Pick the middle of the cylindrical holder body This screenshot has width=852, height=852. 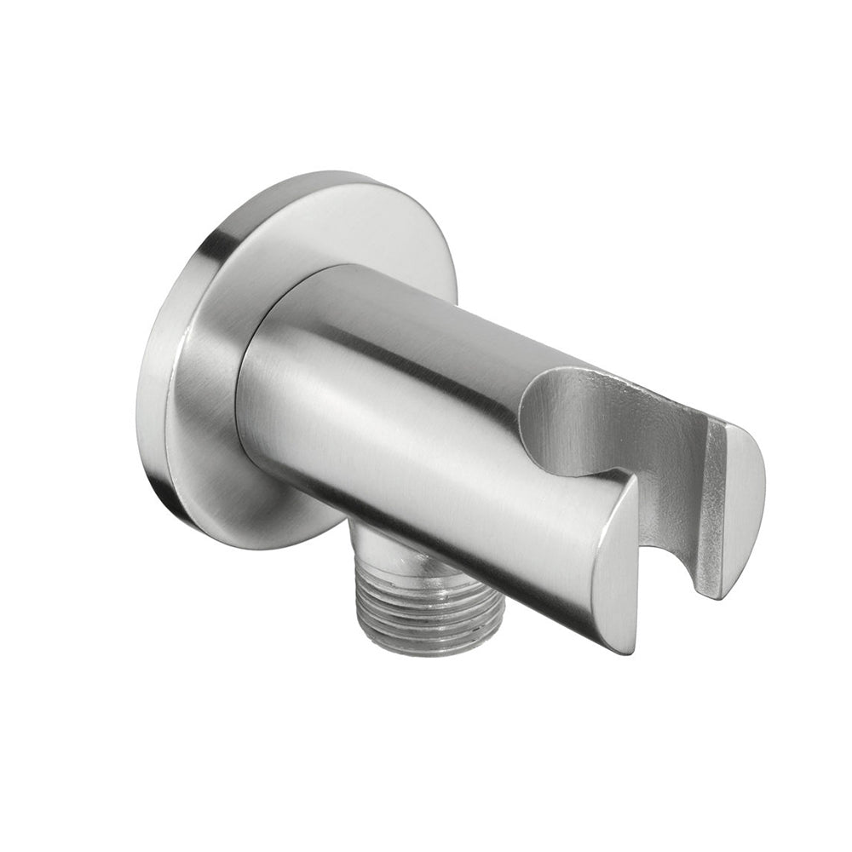pos(409,417)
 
